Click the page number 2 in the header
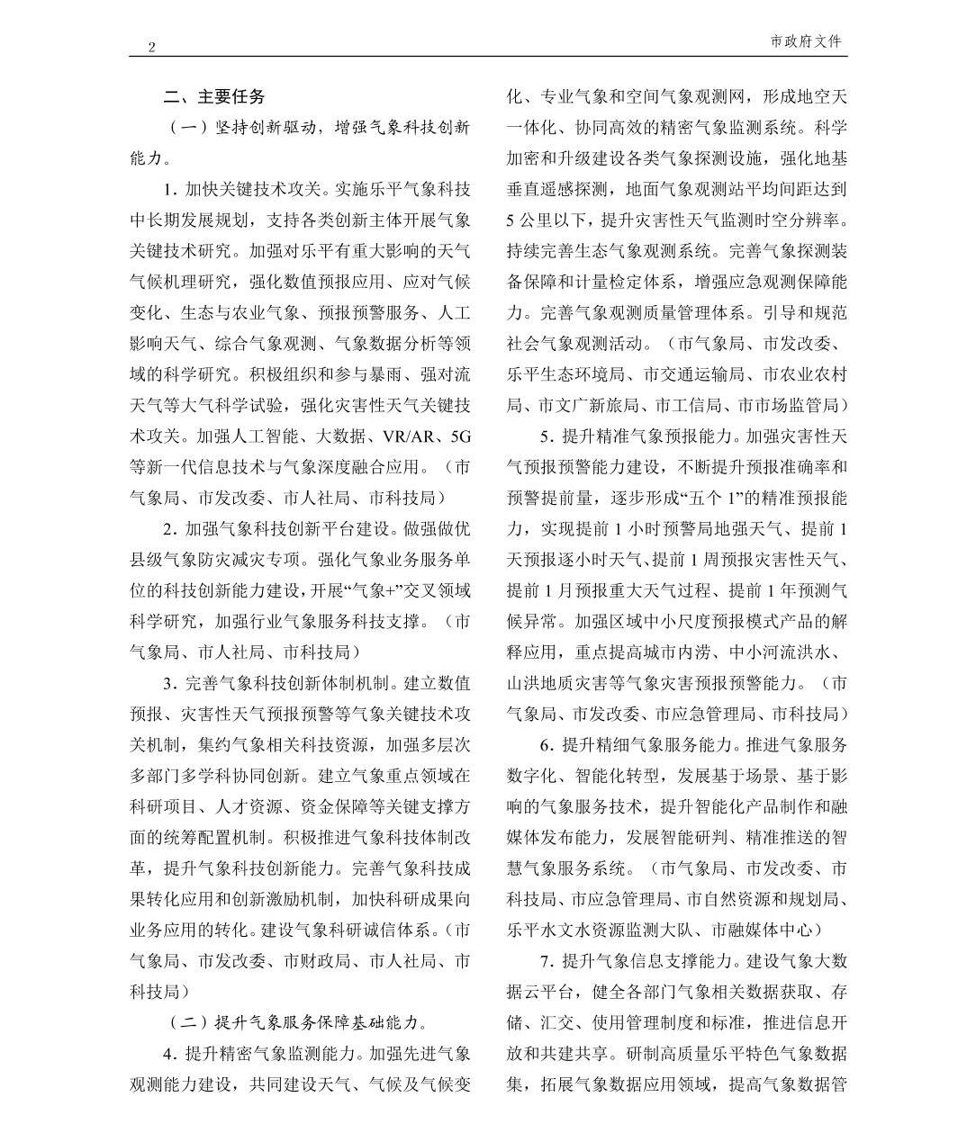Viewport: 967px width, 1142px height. point(151,48)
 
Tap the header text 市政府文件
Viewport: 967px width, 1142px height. point(808,41)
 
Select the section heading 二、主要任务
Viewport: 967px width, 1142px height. point(214,96)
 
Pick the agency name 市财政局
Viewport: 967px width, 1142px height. point(316,961)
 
